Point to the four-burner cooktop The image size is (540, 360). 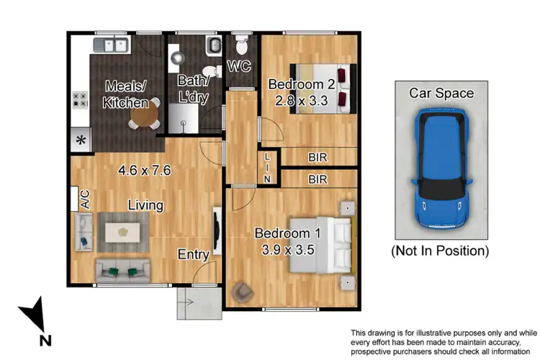tap(79, 101)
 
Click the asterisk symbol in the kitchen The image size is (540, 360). tap(81, 140)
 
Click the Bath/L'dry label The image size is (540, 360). tap(192, 90)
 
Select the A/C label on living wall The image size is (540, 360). tap(84, 199)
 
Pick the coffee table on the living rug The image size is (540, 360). tap(124, 232)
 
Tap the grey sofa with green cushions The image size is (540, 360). tap(122, 271)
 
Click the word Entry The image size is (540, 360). tap(194, 254)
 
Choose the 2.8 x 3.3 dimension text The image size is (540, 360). tap(297, 101)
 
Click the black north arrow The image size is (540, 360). tap(34, 317)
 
